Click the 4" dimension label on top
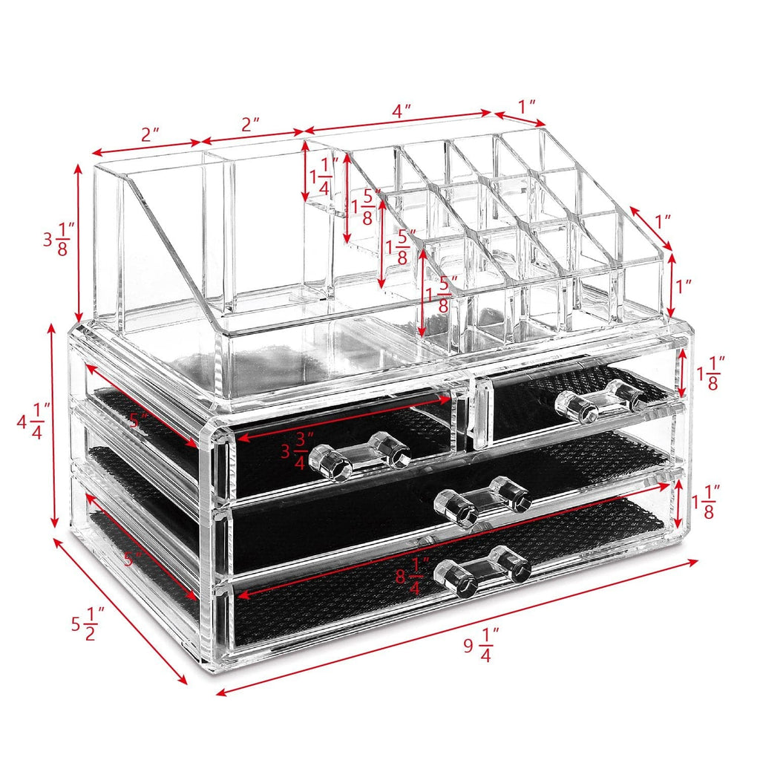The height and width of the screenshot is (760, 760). coord(402,111)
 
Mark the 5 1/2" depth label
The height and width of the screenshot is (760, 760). coord(88,623)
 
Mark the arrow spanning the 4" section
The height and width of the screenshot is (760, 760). coord(399,124)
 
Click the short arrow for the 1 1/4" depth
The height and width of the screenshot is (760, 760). coord(305,171)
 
